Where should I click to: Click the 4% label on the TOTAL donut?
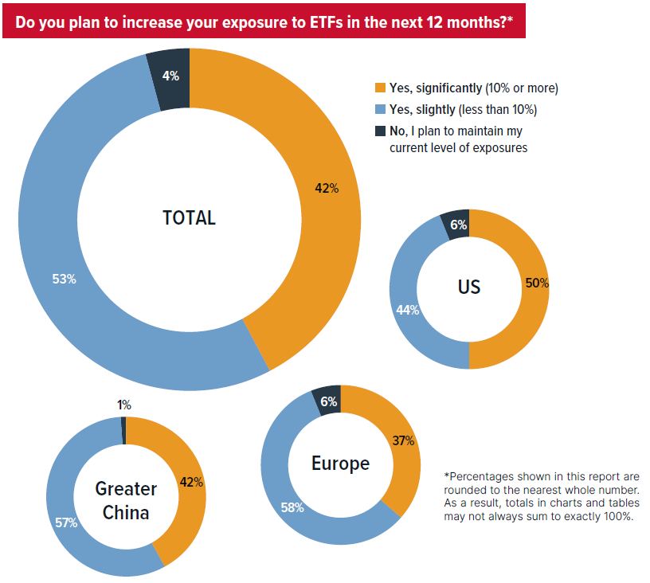pyautogui.click(x=170, y=76)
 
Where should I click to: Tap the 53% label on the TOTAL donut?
pyautogui.click(x=65, y=279)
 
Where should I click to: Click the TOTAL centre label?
pyautogui.click(x=189, y=217)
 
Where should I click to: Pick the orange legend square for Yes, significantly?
pyautogui.click(x=380, y=88)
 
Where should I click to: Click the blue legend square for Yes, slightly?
pyautogui.click(x=380, y=109)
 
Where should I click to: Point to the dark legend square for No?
pyautogui.click(x=380, y=131)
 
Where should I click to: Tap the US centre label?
pyautogui.click(x=469, y=287)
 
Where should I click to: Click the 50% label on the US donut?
pyautogui.click(x=537, y=283)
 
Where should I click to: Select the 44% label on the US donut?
pyautogui.click(x=407, y=310)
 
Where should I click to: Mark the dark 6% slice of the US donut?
pyautogui.click(x=459, y=224)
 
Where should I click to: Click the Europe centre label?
pyautogui.click(x=340, y=463)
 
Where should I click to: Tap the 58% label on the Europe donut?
pyautogui.click(x=292, y=507)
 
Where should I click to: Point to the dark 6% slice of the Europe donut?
pyautogui.click(x=328, y=401)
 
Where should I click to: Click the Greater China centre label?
pyautogui.click(x=126, y=500)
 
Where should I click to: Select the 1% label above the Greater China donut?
pyautogui.click(x=124, y=405)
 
